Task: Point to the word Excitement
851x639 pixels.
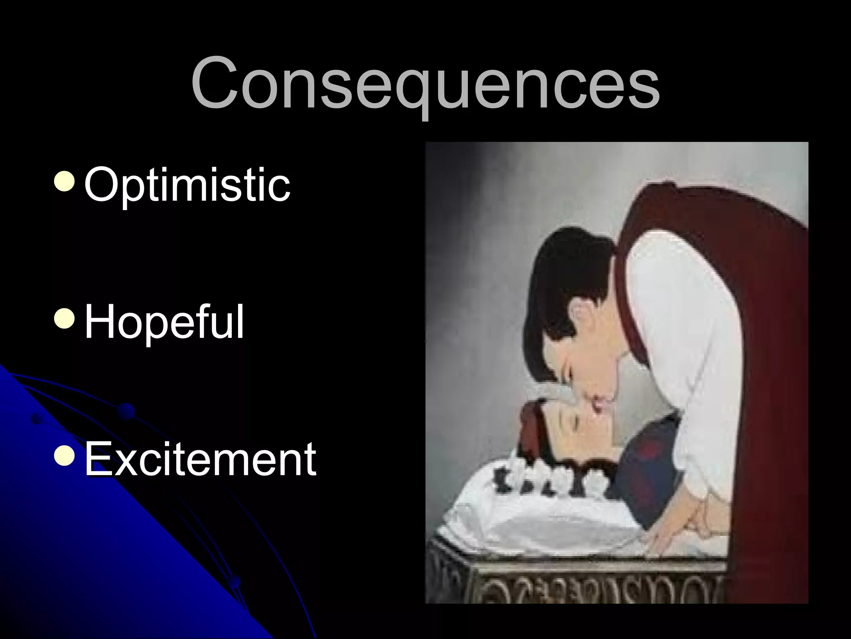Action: click(200, 459)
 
